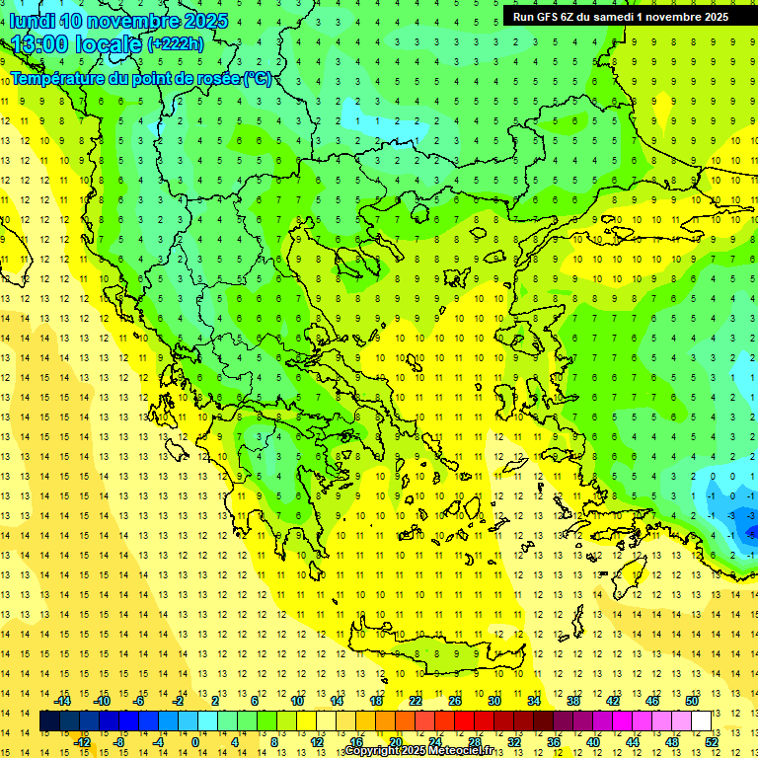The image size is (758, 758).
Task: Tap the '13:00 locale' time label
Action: pos(76,43)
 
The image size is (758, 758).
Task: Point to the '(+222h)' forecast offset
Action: pos(176,43)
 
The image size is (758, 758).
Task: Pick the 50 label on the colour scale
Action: pos(692,701)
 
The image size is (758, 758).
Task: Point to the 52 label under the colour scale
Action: pos(712,742)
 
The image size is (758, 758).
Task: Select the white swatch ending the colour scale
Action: pos(702,721)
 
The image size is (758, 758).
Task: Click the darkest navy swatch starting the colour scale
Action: pos(50,721)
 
